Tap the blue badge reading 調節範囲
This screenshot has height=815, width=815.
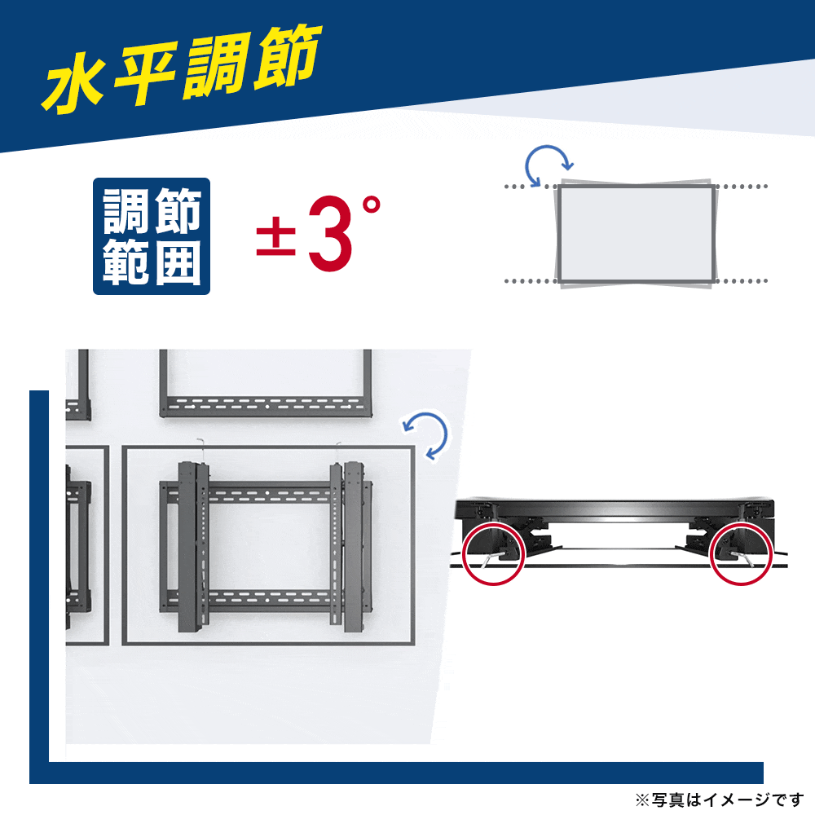pyautogui.click(x=152, y=236)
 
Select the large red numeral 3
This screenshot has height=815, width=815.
pyautogui.click(x=331, y=233)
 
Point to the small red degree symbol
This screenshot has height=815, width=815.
pyautogui.click(x=371, y=205)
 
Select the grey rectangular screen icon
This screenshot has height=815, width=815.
pyautogui.click(x=636, y=234)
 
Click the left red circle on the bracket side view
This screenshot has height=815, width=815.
pyautogui.click(x=492, y=553)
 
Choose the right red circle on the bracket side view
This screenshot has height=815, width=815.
pyautogui.click(x=742, y=553)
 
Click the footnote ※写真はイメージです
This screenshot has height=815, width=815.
pyautogui.click(x=720, y=799)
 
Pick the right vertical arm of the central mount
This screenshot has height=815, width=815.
pyautogui.click(x=350, y=547)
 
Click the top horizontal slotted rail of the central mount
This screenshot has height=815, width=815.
pyautogui.click(x=266, y=491)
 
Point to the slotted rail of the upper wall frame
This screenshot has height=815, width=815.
pyautogui.click(x=266, y=406)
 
